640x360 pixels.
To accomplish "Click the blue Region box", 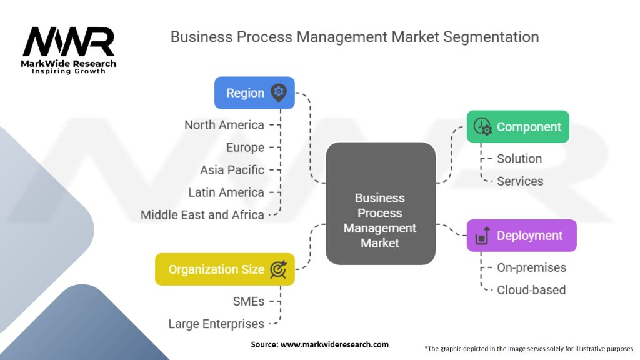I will tap(254, 93).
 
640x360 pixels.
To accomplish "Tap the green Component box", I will tap(517, 127).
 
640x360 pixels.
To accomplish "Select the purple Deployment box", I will tap(521, 236).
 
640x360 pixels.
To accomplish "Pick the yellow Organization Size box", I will tap(224, 269).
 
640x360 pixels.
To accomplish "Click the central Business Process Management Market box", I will tap(380, 219).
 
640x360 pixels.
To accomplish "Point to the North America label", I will tap(224, 125).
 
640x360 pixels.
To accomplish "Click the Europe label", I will tap(245, 147).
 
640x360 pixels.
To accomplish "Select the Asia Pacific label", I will tap(232, 170).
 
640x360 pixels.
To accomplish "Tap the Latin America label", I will tap(226, 192).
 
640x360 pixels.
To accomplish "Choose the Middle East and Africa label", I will tap(202, 215).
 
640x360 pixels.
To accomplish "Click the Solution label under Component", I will tap(519, 159).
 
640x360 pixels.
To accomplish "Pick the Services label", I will tap(520, 181).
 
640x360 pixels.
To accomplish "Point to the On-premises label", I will tap(531, 267).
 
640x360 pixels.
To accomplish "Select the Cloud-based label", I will tap(531, 290).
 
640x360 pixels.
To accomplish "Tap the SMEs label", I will tap(248, 301).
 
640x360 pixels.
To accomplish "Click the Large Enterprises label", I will tap(216, 324).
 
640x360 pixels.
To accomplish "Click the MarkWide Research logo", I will tap(69, 49).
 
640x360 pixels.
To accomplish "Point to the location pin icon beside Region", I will tap(279, 93).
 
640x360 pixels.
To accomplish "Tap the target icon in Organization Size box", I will tap(278, 269).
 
